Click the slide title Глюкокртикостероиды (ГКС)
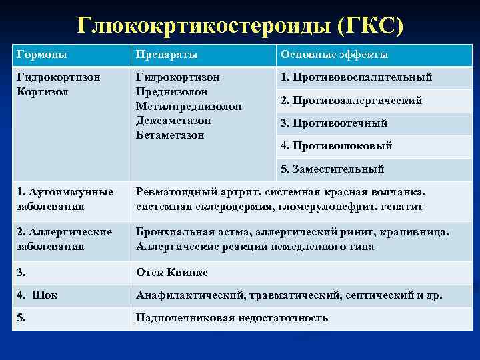pos(240,25)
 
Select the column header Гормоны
pos(41,55)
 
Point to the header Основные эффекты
pos(334,55)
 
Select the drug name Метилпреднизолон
pos(189,106)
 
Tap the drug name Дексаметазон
pos(173,121)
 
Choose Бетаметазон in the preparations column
pos(170,135)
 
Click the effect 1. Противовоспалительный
pos(356,77)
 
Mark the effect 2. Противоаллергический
pos(351,101)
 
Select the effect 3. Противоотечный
pos(334,123)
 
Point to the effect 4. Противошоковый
pos(336,146)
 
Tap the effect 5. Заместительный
pos(332,169)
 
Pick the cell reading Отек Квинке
pos(172,273)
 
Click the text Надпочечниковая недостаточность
pos(232,318)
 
